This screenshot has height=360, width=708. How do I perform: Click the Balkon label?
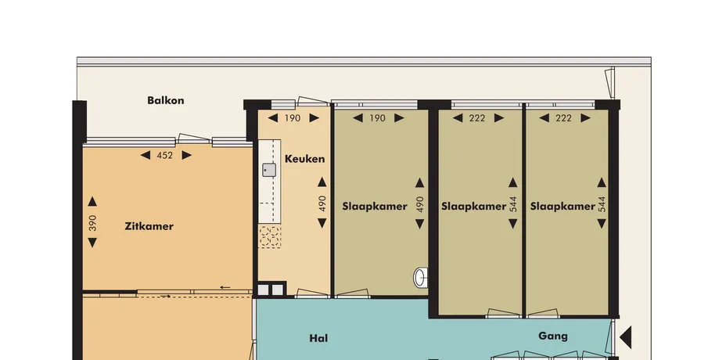point(166,100)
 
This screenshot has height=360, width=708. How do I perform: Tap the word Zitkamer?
point(149,226)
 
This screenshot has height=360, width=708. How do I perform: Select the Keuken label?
point(305,159)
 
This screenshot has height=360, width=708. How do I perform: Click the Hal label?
point(318,338)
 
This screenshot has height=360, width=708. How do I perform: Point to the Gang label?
point(553,336)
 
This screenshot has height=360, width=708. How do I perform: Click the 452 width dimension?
point(165,156)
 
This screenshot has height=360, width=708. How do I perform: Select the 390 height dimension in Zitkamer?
point(92,223)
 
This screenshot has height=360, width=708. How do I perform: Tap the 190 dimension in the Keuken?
point(293,118)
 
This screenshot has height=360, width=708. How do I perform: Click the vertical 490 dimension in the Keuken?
point(322,203)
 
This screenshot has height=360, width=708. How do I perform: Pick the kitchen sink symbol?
point(269,170)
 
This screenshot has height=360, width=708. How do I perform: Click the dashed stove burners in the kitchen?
point(270,236)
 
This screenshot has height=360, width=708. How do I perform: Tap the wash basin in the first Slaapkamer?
point(420,277)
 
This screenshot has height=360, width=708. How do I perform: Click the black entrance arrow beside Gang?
point(625,338)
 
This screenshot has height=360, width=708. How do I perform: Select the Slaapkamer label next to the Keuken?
point(375,207)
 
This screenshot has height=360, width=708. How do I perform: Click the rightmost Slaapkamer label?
point(562,207)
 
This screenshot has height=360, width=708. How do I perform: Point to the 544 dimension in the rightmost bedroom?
point(602,203)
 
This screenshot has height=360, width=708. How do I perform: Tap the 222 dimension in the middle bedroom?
point(476,118)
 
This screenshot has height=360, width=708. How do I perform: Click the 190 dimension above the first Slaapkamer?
point(378,118)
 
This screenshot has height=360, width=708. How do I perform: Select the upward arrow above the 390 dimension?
point(92,201)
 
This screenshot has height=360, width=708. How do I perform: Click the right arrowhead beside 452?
point(186,156)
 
